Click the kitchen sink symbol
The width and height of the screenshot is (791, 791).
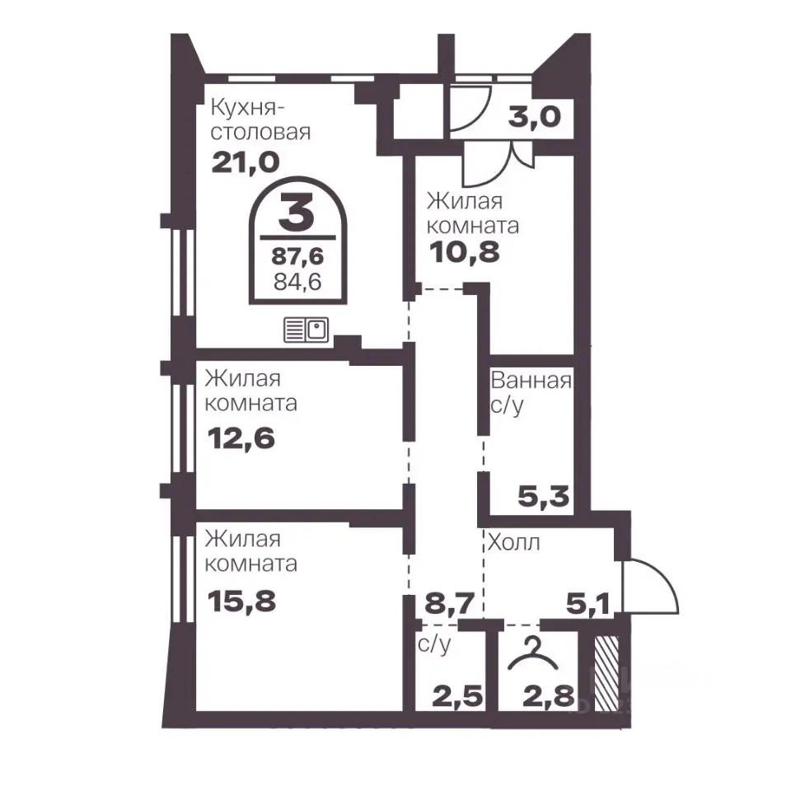(x=306, y=330)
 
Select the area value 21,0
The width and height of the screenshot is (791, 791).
(x=246, y=162)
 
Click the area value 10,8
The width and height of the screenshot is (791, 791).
(x=464, y=252)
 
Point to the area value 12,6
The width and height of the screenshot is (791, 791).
(x=241, y=438)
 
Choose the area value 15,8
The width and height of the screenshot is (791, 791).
(x=241, y=601)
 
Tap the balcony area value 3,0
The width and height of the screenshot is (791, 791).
(x=534, y=116)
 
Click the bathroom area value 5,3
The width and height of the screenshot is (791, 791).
(x=543, y=497)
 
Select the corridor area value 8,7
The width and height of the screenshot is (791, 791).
(x=450, y=603)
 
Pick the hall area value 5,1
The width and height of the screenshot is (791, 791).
(x=587, y=604)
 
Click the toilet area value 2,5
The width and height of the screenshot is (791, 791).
(x=457, y=697)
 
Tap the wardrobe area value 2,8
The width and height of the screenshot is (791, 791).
(x=549, y=697)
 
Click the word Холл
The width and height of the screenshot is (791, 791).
(x=514, y=543)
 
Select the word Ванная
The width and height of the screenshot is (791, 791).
(x=531, y=381)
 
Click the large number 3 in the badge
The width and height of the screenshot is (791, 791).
(x=297, y=213)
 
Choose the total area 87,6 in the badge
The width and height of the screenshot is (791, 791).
(x=297, y=256)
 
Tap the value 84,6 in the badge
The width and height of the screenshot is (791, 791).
(x=297, y=282)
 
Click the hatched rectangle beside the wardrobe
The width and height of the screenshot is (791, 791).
(x=606, y=673)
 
